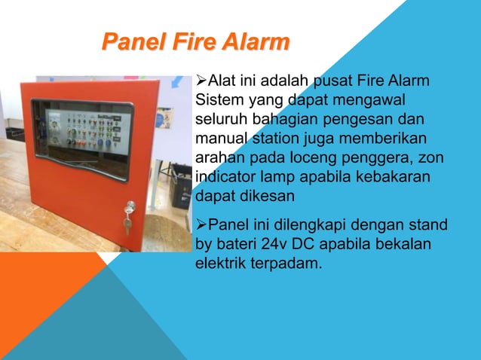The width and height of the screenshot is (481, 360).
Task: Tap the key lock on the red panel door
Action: (129, 207)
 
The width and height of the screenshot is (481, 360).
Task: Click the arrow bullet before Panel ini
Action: (201, 225)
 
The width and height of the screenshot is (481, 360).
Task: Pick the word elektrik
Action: (220, 264)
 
